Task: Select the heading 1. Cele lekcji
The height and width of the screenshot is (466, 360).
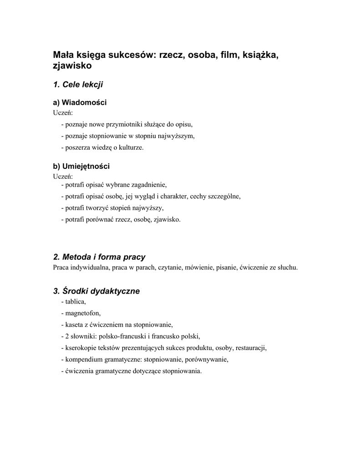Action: tap(78, 84)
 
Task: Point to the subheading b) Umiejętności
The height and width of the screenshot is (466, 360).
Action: tap(81, 166)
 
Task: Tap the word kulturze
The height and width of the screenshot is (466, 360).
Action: tap(130, 147)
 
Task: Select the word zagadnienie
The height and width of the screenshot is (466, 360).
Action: tap(147, 184)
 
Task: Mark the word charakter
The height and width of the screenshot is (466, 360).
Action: tap(172, 196)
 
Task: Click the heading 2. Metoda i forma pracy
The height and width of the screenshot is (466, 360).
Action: tap(99, 257)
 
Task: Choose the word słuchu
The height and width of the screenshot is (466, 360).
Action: tap(287, 268)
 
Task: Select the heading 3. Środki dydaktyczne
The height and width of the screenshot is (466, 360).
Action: tap(96, 291)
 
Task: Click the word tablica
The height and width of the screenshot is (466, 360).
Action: tap(76, 301)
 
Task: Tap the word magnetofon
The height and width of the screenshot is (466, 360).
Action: tap(83, 313)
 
